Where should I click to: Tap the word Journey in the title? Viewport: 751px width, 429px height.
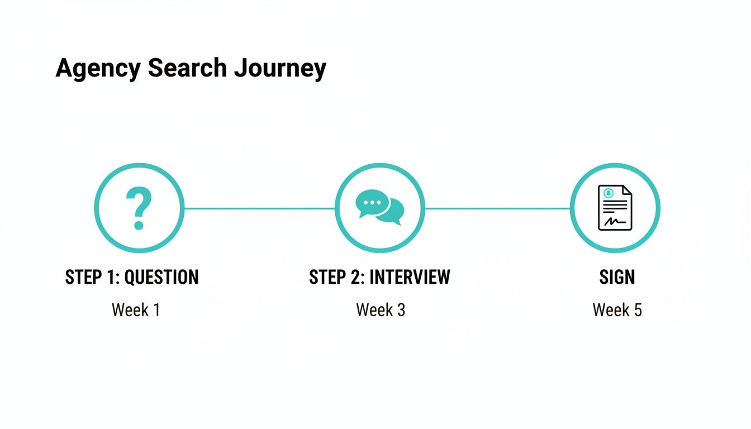coord(280,68)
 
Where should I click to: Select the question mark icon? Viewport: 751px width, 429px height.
coord(139,208)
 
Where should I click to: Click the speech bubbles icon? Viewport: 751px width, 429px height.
coord(380,208)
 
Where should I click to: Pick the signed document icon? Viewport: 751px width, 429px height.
coord(615,208)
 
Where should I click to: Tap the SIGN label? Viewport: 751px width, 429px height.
coord(617,277)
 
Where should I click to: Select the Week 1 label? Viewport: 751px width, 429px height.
coord(136,309)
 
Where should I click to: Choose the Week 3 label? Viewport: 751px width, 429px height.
coord(381,309)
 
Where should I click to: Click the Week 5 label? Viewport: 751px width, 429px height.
coord(617,309)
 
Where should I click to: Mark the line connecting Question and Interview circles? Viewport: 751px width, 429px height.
coord(259,208)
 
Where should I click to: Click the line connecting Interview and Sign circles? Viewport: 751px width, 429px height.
coord(497,208)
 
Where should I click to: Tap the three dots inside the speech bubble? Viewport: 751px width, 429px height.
coord(372,202)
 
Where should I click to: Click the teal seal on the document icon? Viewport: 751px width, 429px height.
coord(608,193)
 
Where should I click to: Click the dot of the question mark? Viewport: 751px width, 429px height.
coord(139,226)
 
